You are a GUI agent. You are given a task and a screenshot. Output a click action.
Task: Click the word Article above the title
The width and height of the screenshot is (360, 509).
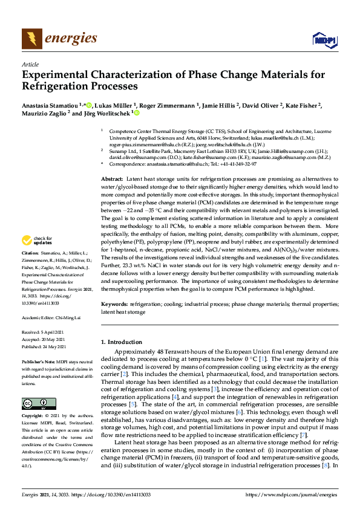click(x=30, y=64)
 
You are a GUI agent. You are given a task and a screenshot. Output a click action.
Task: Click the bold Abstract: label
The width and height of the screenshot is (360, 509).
click(x=112, y=180)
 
